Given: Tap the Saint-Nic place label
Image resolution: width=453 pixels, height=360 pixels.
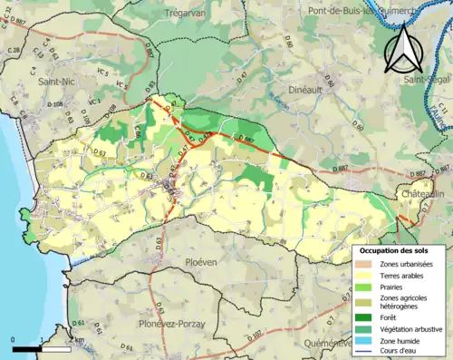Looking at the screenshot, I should coord(57,81).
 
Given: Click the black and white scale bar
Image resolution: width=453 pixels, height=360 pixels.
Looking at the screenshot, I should coord(42,348).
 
